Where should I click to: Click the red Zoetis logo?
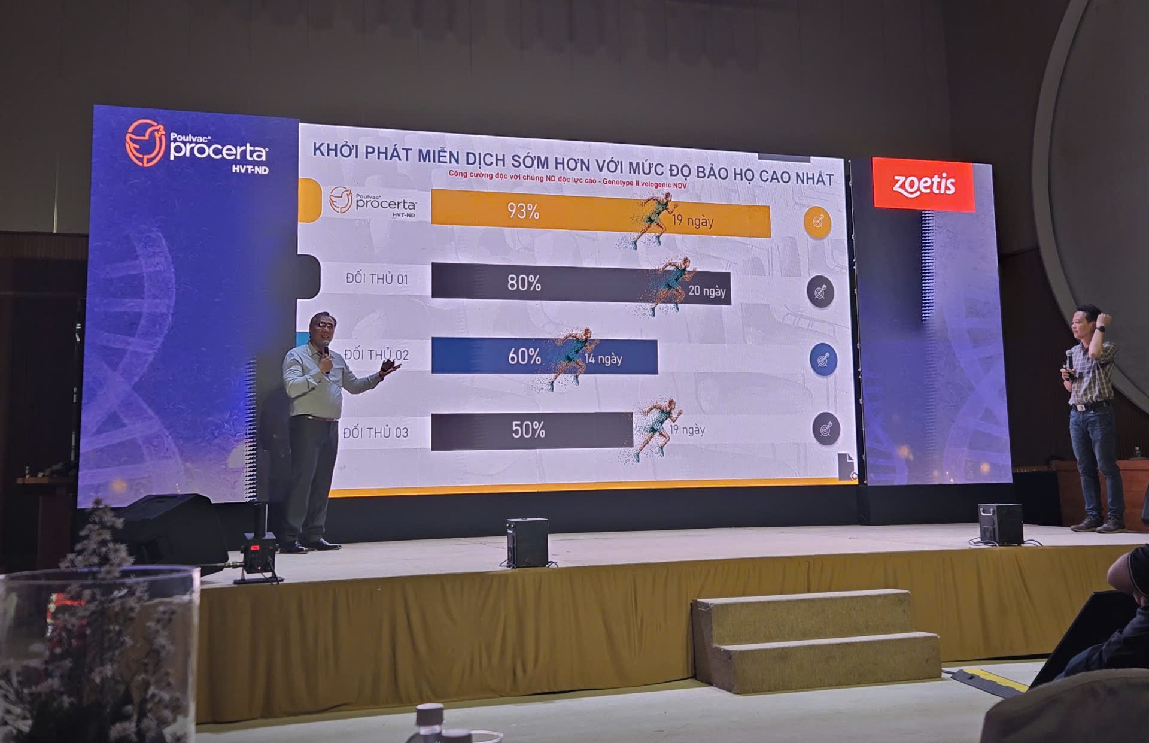(923, 184)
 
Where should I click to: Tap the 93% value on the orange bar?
(523, 211)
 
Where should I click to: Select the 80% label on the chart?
(524, 283)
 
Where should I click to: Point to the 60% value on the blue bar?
(524, 356)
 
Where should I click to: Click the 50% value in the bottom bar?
(528, 430)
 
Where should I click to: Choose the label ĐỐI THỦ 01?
(377, 278)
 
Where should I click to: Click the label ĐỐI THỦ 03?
(376, 432)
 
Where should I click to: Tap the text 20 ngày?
(707, 291)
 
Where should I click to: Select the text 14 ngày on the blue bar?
(603, 359)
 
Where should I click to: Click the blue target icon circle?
(823, 360)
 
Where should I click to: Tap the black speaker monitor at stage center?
(527, 542)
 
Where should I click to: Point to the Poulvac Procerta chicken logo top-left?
(145, 142)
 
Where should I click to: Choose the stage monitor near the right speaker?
(1000, 524)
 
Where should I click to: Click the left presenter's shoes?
(310, 545)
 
